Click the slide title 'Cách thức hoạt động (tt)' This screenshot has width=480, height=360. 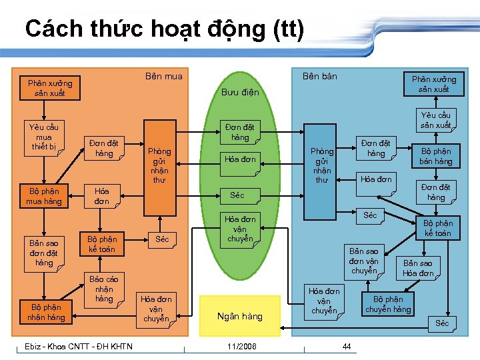(x=164, y=29)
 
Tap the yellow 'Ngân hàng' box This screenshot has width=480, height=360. (x=240, y=315)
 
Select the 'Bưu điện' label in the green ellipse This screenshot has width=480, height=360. (x=240, y=92)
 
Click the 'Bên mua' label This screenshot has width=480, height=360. (x=163, y=76)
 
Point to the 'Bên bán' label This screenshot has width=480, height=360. (x=320, y=76)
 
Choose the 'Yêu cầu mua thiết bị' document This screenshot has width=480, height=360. (x=44, y=137)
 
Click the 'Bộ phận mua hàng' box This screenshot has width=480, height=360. (x=44, y=196)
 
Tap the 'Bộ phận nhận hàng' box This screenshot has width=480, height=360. (x=46, y=312)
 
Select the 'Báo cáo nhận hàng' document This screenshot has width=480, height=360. (x=104, y=289)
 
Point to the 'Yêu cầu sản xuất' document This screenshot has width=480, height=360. (x=435, y=120)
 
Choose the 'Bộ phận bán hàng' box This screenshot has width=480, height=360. (x=435, y=157)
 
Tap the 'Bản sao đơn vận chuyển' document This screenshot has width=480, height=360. (x=363, y=261)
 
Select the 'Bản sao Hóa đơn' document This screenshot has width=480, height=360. (x=418, y=268)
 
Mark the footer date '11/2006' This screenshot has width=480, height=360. (x=240, y=346)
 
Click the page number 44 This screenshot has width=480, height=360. (x=347, y=346)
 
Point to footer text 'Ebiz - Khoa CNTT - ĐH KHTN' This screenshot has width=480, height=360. (x=78, y=346)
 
